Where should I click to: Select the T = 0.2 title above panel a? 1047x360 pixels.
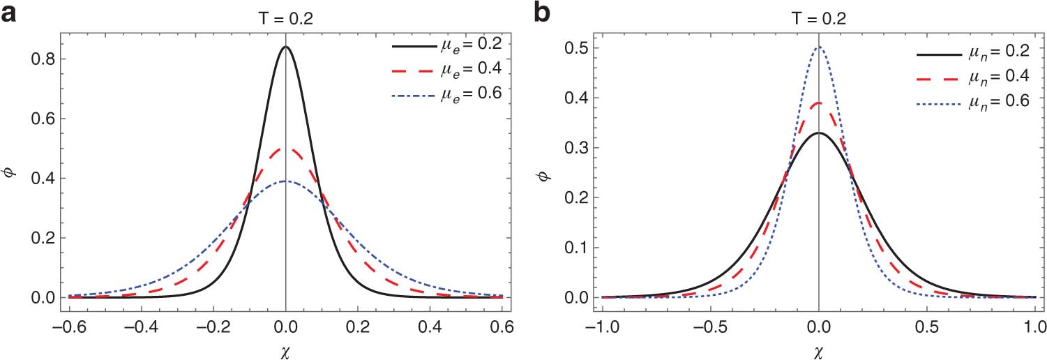click(285, 20)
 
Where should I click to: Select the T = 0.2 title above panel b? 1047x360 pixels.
click(818, 20)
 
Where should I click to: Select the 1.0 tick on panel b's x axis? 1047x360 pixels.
click(1034, 325)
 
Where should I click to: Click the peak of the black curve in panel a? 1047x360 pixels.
click(285, 47)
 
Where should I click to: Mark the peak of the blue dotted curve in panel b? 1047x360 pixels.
click(818, 47)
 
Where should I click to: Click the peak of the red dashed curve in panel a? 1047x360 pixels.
click(285, 148)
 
